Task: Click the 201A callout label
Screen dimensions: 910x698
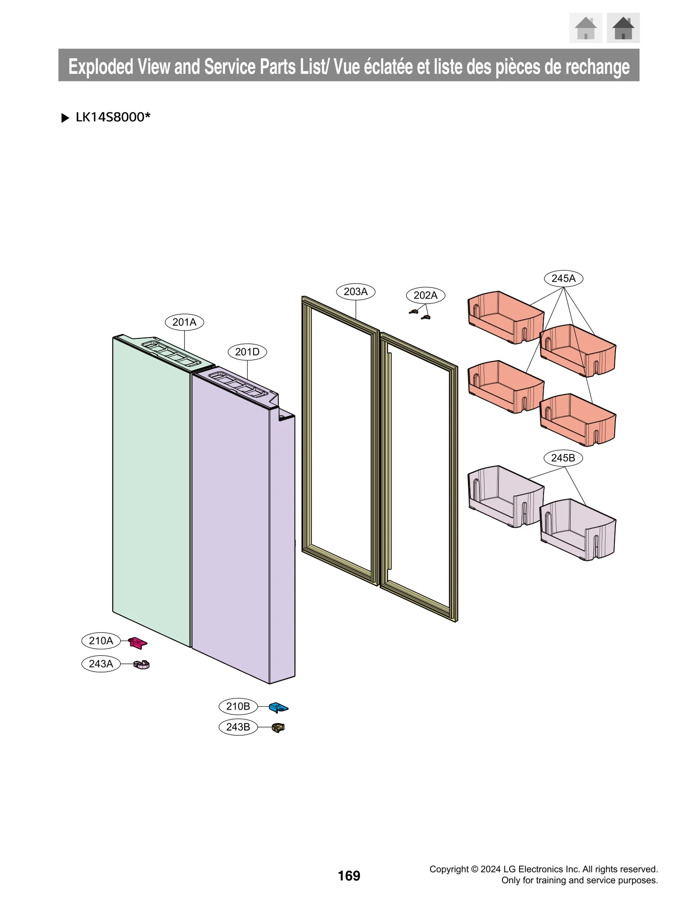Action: pyautogui.click(x=184, y=322)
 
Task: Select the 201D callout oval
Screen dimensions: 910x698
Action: pyautogui.click(x=247, y=352)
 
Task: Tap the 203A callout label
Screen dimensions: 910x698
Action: pyautogui.click(x=356, y=292)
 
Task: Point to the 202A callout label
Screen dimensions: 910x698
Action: pyautogui.click(x=425, y=295)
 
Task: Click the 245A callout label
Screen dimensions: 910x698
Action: pyautogui.click(x=563, y=278)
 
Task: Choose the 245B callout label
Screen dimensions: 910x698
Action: pyautogui.click(x=563, y=458)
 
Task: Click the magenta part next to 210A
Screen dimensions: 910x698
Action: pyautogui.click(x=138, y=642)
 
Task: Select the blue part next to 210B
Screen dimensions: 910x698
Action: pyautogui.click(x=278, y=707)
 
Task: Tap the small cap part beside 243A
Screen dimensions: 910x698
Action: pyautogui.click(x=142, y=665)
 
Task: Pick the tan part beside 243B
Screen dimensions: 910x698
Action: pyautogui.click(x=278, y=727)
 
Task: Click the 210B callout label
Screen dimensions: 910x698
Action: pyautogui.click(x=238, y=706)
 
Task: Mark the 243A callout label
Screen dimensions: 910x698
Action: pyautogui.click(x=101, y=664)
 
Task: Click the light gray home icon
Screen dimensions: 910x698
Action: pyautogui.click(x=585, y=28)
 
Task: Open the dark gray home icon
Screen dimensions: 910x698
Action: pyautogui.click(x=623, y=28)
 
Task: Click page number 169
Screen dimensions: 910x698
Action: pyautogui.click(x=349, y=876)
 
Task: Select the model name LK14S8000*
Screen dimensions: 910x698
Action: pyautogui.click(x=113, y=117)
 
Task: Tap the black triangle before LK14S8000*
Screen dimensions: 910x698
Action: pyautogui.click(x=65, y=118)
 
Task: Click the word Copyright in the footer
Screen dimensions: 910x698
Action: pyautogui.click(x=449, y=869)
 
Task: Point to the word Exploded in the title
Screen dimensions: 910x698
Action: pyautogui.click(x=101, y=66)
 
